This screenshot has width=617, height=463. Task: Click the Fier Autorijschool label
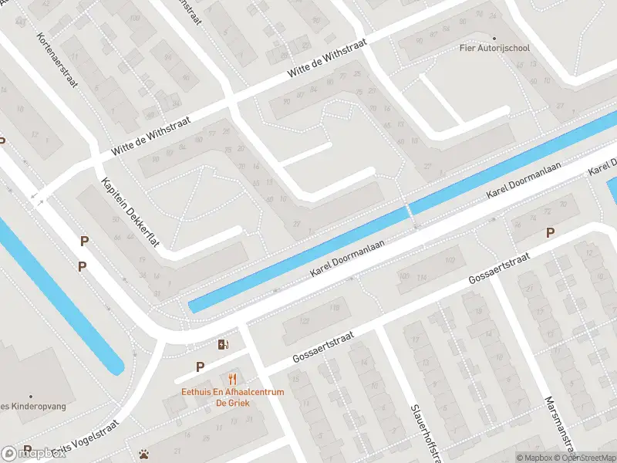click(494, 48)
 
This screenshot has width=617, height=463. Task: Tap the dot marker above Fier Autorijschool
click(494, 37)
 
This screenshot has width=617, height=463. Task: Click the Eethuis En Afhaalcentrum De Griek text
click(233, 397)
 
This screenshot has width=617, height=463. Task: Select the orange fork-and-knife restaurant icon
click(232, 379)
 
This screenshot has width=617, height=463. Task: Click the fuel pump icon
click(224, 344)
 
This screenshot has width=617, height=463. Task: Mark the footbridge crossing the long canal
click(409, 208)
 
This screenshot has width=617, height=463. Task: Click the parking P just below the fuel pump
click(200, 367)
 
